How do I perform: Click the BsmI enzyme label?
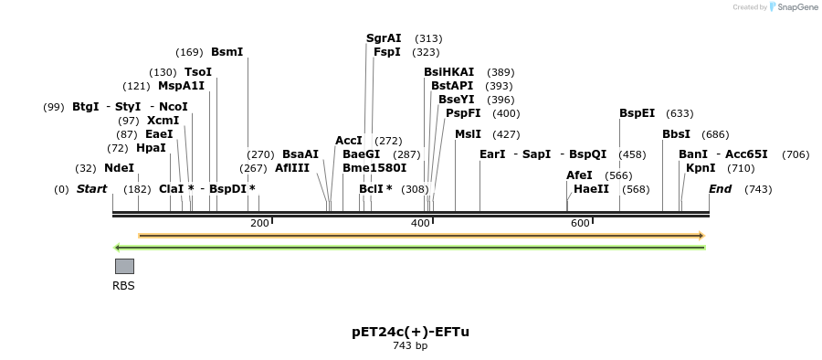[227, 52]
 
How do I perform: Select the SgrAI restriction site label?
[384, 38]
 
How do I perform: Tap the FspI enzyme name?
[386, 52]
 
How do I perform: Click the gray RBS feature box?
[124, 266]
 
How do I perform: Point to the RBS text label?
[123, 286]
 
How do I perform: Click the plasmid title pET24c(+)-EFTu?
[410, 332]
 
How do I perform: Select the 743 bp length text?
[410, 346]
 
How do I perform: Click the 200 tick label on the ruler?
[259, 223]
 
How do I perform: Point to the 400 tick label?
[420, 223]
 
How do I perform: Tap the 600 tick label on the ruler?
[580, 223]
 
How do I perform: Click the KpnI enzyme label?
[701, 168]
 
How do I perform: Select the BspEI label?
[637, 113]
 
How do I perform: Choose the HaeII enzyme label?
[591, 189]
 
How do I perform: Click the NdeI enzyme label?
[119, 168]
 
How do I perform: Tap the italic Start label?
[91, 189]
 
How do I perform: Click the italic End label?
[720, 189]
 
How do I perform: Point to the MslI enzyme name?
[468, 134]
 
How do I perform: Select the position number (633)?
[680, 113]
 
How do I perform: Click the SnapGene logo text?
[798, 7]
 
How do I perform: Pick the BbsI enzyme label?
[676, 134]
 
